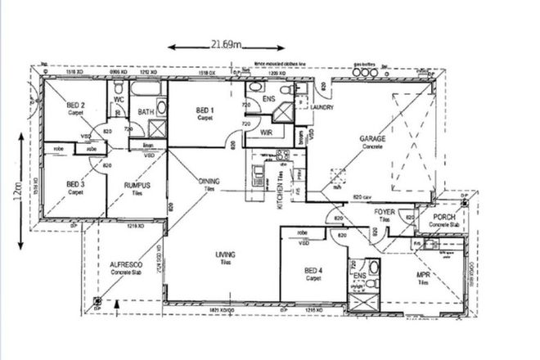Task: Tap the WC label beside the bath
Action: (119, 99)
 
